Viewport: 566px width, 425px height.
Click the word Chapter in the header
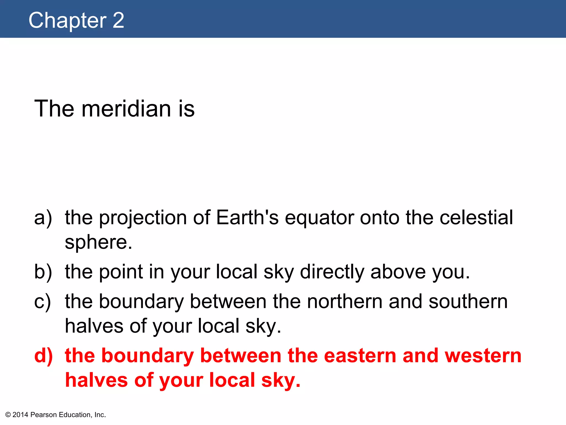point(67,20)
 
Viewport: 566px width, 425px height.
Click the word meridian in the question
point(126,108)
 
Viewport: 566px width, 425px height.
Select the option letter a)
point(43,218)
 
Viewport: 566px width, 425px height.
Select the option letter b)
point(43,272)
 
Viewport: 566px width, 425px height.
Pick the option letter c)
point(43,301)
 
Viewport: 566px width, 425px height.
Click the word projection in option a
point(143,218)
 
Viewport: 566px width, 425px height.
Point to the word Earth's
point(247,217)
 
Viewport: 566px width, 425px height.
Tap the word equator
point(319,218)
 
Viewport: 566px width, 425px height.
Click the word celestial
point(476,217)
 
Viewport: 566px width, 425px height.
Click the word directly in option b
point(332,272)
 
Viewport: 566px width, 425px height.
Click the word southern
point(468,301)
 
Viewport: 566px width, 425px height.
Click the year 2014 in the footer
point(20,415)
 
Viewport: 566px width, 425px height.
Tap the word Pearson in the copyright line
point(44,415)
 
